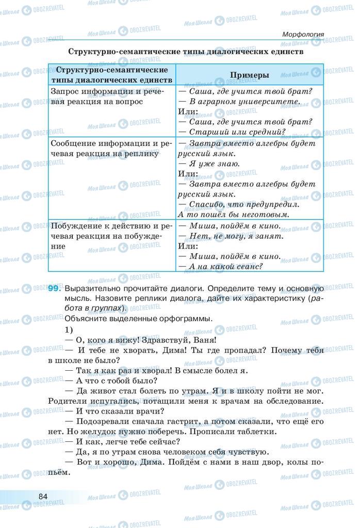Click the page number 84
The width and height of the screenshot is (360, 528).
[43, 496]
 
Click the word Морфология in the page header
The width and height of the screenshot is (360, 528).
[303, 35]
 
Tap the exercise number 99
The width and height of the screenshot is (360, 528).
[55, 289]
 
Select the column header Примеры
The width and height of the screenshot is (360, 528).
[249, 75]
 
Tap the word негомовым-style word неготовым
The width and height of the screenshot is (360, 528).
[266, 213]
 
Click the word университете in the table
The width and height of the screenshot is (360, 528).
[267, 102]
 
